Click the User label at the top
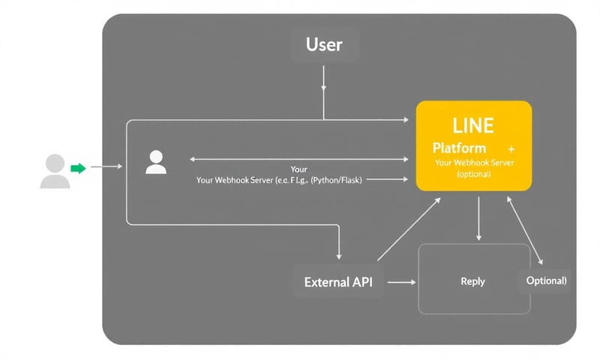point(324,44)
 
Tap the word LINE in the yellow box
point(473,124)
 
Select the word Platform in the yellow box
point(459,148)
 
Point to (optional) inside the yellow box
point(473,174)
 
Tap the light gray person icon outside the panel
point(53,170)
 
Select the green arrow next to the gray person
point(78,169)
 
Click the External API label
point(338,283)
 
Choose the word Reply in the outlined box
point(472,282)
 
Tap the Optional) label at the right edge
point(545,280)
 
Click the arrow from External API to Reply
point(401,283)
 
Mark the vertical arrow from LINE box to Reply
point(478,217)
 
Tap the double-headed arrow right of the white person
point(300,159)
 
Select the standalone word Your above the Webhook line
point(298,169)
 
